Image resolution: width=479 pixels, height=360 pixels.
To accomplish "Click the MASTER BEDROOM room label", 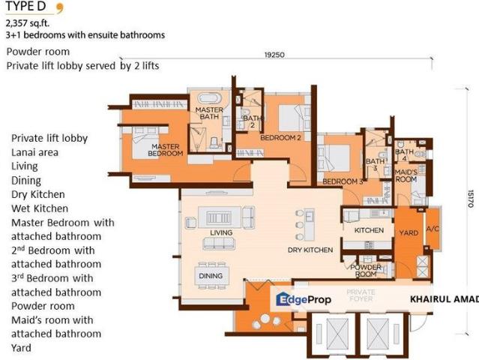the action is tap(165, 150).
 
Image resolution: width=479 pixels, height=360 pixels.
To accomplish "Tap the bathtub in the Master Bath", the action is tap(209, 98).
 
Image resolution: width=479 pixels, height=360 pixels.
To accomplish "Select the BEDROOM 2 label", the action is tap(280, 138).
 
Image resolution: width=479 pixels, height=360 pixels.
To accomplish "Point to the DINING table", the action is tap(211, 276).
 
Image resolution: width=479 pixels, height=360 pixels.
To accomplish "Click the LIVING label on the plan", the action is tap(221, 232).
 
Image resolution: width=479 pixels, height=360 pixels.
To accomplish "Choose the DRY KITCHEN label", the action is tap(310, 250).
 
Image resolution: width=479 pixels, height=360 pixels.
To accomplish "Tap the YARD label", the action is tap(409, 232).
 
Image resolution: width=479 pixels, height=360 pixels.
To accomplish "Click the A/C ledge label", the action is tap(433, 229).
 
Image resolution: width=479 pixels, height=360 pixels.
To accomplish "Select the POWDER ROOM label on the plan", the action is tap(366, 271).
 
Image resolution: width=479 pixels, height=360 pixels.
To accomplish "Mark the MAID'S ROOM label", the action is tap(406, 175).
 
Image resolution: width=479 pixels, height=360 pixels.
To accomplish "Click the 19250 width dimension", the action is tap(274, 55).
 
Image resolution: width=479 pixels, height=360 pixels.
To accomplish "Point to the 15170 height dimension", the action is tap(471, 199).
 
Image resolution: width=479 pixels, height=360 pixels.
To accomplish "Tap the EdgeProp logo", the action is tap(304, 299).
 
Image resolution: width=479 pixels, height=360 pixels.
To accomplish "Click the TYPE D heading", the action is tap(25, 6).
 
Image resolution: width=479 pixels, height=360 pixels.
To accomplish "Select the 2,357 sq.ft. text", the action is tap(28, 23).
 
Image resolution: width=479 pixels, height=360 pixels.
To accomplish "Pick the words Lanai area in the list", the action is tap(34, 152).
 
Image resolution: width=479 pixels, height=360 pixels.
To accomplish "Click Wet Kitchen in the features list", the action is tap(40, 208).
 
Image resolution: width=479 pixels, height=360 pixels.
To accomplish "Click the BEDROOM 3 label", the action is tap(343, 181).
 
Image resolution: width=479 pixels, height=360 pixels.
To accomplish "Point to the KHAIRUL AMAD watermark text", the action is tap(445, 299).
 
